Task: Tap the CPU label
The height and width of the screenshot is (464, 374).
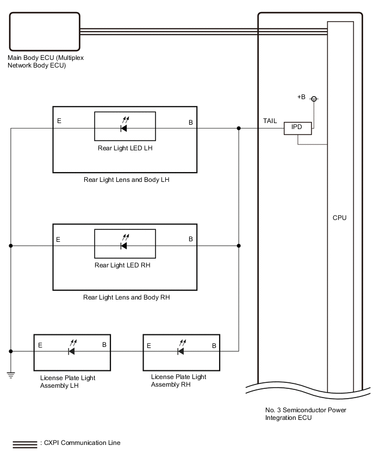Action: point(340,218)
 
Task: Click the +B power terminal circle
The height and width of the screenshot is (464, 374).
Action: point(313,99)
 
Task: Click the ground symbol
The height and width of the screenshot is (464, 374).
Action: point(10,375)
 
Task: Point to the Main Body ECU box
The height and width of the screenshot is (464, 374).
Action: point(43,32)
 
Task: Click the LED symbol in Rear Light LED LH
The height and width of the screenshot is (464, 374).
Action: point(124,128)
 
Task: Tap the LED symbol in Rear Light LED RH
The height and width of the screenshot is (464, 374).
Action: point(124,245)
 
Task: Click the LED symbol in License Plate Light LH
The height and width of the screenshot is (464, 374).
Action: point(72,351)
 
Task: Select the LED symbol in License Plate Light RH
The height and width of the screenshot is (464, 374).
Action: point(180,351)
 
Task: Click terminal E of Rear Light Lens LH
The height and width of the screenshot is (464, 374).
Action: point(59,121)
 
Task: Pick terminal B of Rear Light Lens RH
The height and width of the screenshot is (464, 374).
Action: point(191,239)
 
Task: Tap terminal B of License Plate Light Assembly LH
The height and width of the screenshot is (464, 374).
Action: point(104,345)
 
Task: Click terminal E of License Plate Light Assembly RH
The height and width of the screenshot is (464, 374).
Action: point(149,345)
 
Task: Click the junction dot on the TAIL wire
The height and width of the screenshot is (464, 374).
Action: point(239,129)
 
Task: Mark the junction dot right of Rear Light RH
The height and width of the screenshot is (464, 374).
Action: point(239,246)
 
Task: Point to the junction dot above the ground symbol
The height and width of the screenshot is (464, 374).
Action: point(10,351)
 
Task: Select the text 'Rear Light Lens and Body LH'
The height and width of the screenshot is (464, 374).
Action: point(127,180)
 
